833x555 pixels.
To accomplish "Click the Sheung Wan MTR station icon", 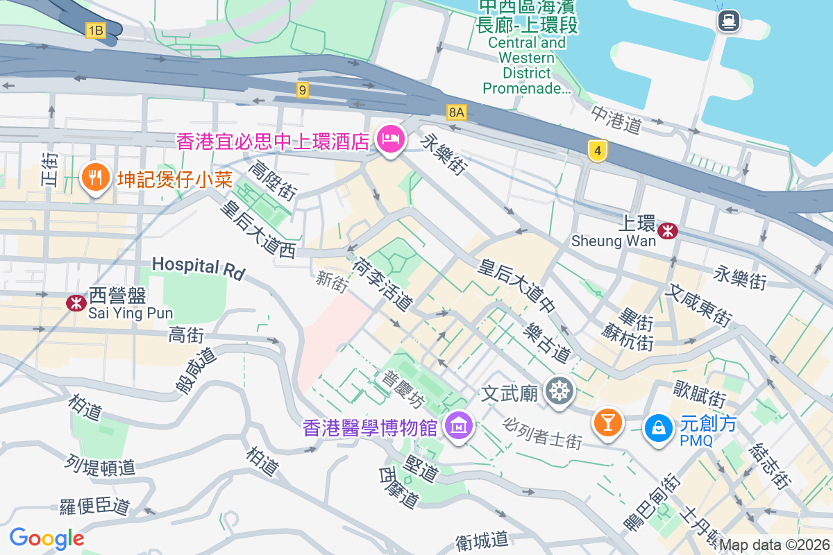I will point(668,230).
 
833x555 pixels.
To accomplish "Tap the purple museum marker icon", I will point(459,425).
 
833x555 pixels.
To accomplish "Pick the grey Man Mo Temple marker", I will point(558,391).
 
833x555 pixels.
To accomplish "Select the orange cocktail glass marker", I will point(608,422).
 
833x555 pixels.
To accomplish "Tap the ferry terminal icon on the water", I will point(729,21).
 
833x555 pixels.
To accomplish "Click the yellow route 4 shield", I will point(597,151).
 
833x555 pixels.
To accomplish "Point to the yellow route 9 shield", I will point(301,89).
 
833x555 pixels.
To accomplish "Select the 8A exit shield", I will point(456,112).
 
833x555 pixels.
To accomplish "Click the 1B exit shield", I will point(95,30).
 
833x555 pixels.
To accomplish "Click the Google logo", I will point(47,538).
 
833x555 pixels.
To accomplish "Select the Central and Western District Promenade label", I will point(527,57).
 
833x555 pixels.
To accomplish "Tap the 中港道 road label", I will point(616,119).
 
